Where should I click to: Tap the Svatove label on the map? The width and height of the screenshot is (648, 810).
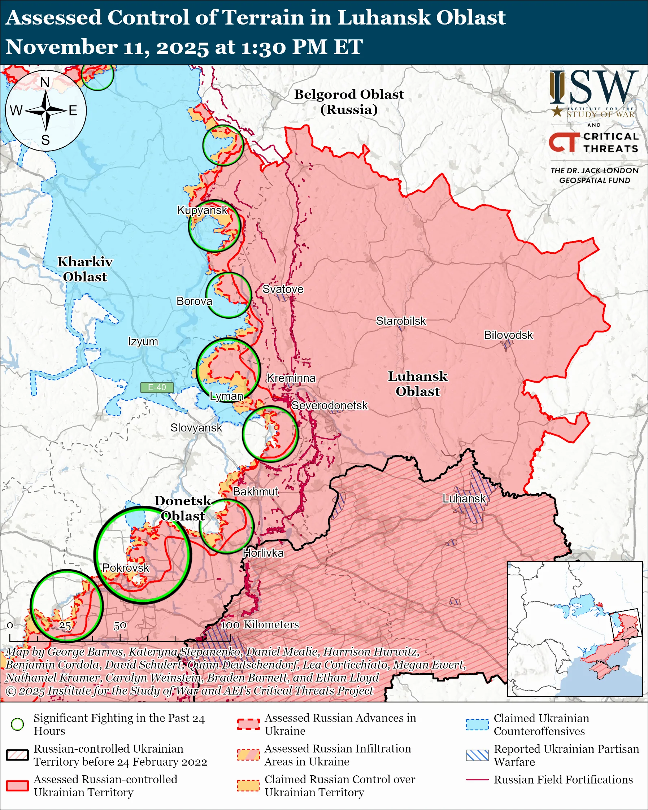283,289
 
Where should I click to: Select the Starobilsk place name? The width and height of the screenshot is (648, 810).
401,321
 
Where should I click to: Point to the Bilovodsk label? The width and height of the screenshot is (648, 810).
508,335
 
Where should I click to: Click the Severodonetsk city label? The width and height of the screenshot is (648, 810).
330,405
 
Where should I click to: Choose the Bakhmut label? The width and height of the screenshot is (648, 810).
256,491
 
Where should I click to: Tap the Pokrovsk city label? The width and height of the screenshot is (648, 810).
126,568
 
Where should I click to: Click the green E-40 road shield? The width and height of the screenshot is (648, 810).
157,387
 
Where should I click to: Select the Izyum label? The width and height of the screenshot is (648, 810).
143,341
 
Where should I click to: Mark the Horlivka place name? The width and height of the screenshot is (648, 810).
263,553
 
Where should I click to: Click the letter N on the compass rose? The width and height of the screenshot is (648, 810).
45,82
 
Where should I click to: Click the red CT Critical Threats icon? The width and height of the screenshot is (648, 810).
564,142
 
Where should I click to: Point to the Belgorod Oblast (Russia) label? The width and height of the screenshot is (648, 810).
349,101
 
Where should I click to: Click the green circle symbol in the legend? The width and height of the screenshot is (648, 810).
17,724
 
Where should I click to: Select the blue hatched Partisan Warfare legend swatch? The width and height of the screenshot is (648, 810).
477,755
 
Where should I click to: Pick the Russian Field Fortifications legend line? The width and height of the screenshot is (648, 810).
477,780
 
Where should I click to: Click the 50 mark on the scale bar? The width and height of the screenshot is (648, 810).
120,626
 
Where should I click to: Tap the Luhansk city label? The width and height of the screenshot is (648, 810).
464,498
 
